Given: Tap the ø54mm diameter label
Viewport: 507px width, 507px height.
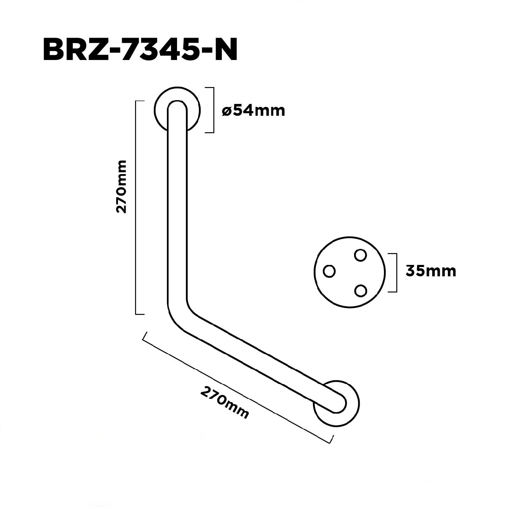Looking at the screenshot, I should pos(253,111).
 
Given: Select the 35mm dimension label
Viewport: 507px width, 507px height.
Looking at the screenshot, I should pos(431,270).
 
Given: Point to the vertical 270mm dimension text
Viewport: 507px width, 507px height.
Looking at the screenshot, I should pos(122,186).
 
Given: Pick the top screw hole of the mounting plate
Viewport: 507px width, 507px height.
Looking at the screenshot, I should pos(360,255).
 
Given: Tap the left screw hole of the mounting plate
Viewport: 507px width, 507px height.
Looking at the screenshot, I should pos(329,270).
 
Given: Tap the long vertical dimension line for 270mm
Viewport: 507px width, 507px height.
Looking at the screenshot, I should pos(136,207).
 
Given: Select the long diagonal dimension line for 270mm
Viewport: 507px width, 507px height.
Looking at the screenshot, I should pos(237,387).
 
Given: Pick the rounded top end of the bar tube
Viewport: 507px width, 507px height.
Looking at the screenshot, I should pos(177,106).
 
